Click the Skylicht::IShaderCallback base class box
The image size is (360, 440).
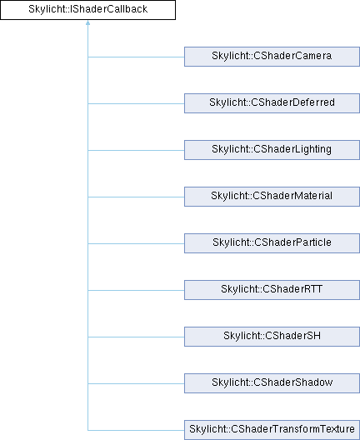click(87, 10)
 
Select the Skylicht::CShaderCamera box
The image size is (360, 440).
click(272, 57)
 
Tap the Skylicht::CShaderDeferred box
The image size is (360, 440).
click(272, 103)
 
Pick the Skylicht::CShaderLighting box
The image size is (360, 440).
click(272, 150)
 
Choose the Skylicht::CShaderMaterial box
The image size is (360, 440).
click(272, 197)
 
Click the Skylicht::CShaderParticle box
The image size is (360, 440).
click(272, 243)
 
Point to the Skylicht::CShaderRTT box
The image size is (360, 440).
click(272, 290)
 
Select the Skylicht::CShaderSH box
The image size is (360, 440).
click(272, 337)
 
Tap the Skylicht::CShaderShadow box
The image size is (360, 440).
click(272, 383)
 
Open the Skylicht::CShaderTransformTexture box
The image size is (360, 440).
click(272, 430)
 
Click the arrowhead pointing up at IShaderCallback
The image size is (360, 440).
click(87, 22)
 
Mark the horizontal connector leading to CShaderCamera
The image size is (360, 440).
click(136, 57)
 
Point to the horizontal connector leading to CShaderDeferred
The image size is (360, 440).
click(136, 103)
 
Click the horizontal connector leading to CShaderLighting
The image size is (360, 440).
click(136, 150)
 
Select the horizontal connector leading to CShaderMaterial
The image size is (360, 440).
click(136, 197)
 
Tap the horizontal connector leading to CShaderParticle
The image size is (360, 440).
click(136, 243)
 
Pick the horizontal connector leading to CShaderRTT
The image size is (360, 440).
click(136, 291)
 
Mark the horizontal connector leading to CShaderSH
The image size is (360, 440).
click(136, 337)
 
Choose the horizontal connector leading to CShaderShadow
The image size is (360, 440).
click(136, 383)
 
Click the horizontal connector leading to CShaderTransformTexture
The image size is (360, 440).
click(136, 430)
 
